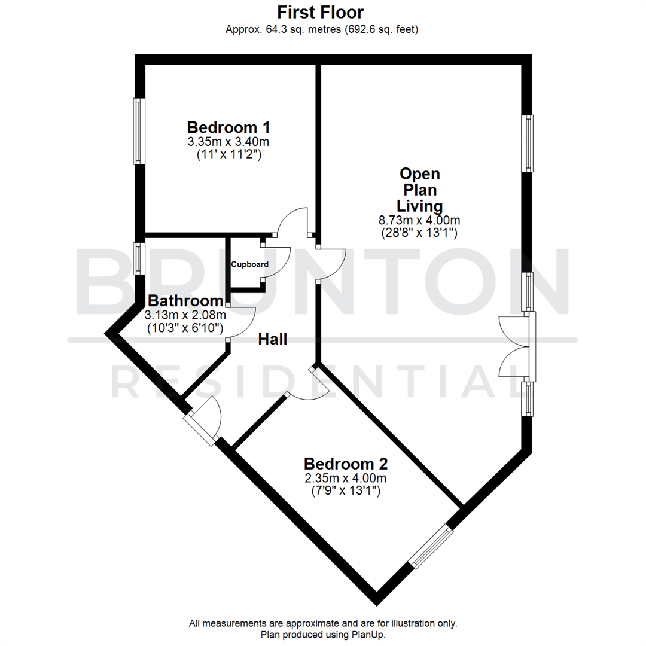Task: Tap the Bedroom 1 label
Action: point(228,127)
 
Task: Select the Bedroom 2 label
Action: point(346,464)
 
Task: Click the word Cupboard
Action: point(250,264)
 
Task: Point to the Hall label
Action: point(273,339)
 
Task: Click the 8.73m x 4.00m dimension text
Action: point(420,220)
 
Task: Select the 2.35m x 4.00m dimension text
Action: point(346,478)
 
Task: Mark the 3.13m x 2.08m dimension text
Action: point(185,315)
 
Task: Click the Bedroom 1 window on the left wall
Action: point(138,131)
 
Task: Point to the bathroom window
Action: point(138,258)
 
